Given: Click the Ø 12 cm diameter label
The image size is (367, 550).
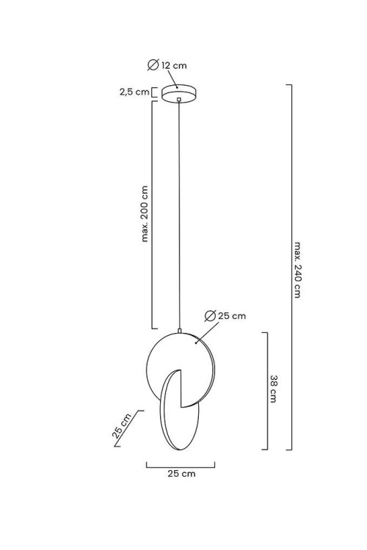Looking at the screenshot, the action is tap(167, 65).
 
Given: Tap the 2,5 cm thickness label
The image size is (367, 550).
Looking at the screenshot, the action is tap(134, 92).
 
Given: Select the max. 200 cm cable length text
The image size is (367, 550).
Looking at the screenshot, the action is tap(145, 213).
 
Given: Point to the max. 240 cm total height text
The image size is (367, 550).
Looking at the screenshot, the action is tap(297, 269).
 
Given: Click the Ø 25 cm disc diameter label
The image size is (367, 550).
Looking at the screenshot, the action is tap(225, 315).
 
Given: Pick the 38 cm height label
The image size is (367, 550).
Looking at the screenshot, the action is tap(274, 389).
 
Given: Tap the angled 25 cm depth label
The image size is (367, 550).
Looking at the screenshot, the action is tap(122, 426).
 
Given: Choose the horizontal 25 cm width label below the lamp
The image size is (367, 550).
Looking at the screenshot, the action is tap(181, 474).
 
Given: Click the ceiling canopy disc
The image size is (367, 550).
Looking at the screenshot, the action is tap(179, 93).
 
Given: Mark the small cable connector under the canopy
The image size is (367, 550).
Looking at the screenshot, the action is tap(179, 100).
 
